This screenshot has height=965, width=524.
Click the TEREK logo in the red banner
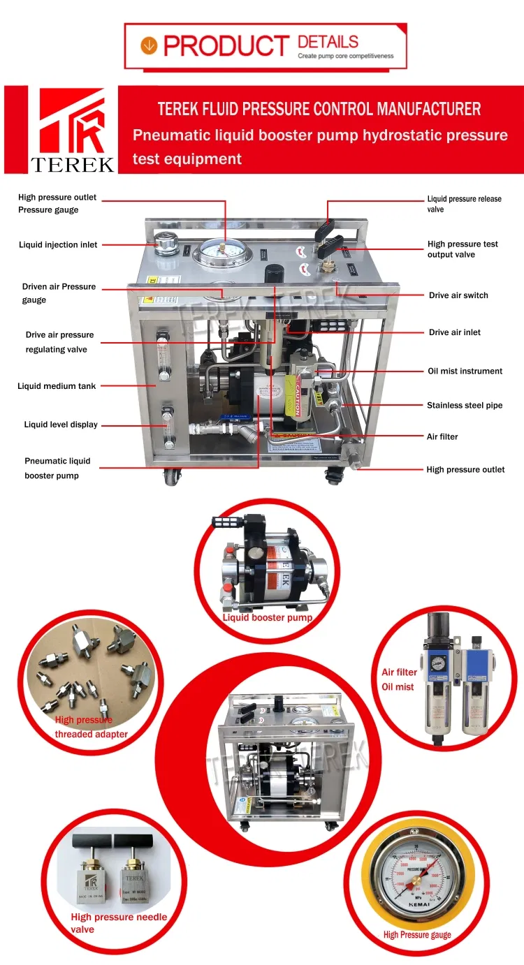72,130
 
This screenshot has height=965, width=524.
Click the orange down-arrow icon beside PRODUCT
148,46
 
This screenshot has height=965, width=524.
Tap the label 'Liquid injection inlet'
58,245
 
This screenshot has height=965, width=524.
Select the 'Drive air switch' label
458,295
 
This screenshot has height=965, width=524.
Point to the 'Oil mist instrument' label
465,371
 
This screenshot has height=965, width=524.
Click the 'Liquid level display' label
61,425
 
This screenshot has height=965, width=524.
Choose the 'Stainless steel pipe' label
465,406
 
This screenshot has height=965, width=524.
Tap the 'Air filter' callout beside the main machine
442,437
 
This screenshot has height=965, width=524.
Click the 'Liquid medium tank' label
57,386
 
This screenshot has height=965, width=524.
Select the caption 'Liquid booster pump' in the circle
267,618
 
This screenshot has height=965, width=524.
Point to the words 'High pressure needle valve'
119,923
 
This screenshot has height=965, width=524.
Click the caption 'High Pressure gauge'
417,935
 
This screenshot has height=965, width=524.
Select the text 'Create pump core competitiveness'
345,56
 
